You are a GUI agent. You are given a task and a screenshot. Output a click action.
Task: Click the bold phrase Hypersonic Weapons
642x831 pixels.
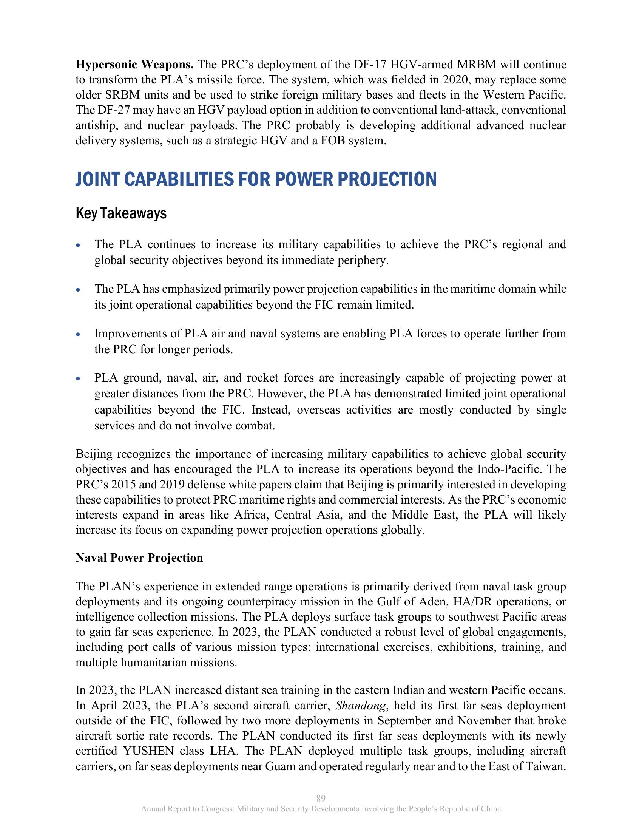point(135,65)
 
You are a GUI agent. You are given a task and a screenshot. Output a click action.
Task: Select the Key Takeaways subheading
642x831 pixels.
point(121,214)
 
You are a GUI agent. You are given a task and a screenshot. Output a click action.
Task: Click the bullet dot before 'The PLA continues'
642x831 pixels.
point(78,246)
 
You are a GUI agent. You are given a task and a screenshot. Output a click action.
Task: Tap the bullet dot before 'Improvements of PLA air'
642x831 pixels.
point(78,335)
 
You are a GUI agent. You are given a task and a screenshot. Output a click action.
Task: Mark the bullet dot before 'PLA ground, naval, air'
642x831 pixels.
point(78,379)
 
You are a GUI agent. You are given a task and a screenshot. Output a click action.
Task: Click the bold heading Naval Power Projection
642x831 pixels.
point(139,558)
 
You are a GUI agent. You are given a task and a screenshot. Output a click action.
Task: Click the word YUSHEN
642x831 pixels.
point(148,751)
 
